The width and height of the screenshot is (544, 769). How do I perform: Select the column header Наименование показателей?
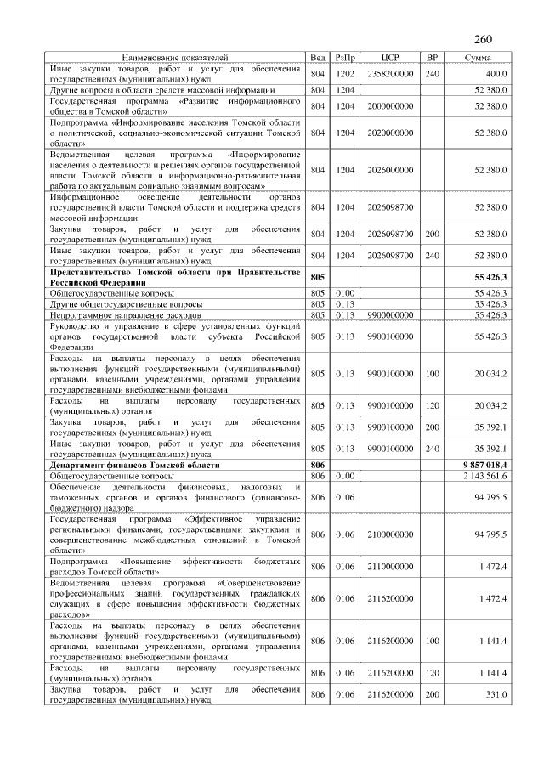point(176,58)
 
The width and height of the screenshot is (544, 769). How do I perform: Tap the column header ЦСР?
point(390,58)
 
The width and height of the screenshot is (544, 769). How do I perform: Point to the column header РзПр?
point(345,58)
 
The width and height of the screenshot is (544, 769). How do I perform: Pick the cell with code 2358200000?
point(390,73)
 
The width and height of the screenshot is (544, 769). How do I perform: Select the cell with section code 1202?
point(345,73)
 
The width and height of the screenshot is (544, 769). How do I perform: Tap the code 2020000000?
point(390,133)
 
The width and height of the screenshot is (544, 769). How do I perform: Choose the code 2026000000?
point(390,171)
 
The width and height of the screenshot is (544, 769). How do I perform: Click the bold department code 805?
point(319,277)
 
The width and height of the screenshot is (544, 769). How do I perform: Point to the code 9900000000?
point(390,315)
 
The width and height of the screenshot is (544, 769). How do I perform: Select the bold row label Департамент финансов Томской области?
point(135,465)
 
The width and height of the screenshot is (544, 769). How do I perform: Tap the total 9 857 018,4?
point(485,465)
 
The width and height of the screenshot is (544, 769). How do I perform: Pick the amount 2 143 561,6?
point(485,476)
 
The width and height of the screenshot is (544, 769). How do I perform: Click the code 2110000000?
point(390,567)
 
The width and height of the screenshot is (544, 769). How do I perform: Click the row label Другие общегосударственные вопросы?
point(127,304)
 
